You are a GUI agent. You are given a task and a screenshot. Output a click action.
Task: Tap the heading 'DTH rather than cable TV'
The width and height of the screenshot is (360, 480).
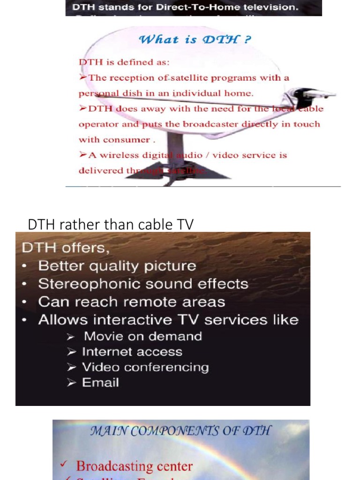[x=110, y=225]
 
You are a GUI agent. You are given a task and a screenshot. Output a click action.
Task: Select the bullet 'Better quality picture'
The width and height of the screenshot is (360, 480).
[x=117, y=266]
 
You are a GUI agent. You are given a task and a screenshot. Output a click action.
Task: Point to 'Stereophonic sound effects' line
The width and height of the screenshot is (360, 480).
[x=143, y=284]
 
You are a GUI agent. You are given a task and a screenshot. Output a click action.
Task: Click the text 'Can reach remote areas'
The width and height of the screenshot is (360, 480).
[x=131, y=302]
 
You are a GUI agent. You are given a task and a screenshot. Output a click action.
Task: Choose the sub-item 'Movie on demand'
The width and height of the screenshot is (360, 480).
[x=142, y=337]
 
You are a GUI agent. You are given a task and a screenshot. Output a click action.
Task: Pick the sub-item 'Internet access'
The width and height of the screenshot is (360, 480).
[x=132, y=352]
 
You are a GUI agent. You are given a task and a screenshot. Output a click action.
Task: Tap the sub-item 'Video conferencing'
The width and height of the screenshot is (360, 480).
[x=145, y=367]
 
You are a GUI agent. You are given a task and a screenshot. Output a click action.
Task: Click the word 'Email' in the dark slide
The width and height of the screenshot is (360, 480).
[x=100, y=383]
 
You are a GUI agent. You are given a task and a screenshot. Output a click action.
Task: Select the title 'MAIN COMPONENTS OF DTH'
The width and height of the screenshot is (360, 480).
[x=180, y=431]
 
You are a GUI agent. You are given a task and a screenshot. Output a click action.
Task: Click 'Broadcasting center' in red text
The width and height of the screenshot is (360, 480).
[x=134, y=466]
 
